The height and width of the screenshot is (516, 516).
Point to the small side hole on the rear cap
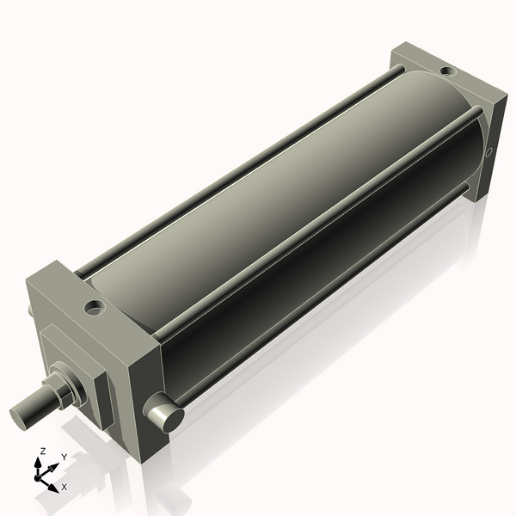pyautogui.click(x=490, y=154)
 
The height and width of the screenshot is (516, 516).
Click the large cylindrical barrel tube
pyautogui.click(x=284, y=215)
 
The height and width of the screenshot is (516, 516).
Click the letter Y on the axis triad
pyautogui.click(x=64, y=457)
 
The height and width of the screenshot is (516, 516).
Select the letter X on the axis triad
pyautogui.click(x=64, y=487)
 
